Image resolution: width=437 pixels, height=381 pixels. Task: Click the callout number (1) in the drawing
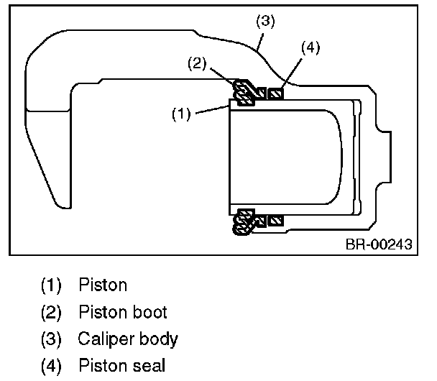pyautogui.click(x=181, y=114)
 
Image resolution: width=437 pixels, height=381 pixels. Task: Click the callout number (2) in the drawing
pyautogui.click(x=197, y=63)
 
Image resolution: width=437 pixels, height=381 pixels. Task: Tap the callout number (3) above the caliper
pyautogui.click(x=265, y=21)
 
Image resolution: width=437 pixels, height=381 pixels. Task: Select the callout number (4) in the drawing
pyautogui.click(x=310, y=47)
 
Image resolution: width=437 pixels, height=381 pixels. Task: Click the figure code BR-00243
pyautogui.click(x=379, y=244)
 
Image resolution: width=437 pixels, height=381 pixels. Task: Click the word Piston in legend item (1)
pyautogui.click(x=103, y=285)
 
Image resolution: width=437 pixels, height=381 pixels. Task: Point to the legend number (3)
pyautogui.click(x=51, y=339)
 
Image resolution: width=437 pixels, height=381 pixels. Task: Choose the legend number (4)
pyautogui.click(x=51, y=366)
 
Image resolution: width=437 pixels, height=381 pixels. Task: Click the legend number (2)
pyautogui.click(x=51, y=312)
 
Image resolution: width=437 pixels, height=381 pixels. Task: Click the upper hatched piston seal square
pyautogui.click(x=275, y=93)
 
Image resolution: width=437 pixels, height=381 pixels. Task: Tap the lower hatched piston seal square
pyautogui.click(x=275, y=221)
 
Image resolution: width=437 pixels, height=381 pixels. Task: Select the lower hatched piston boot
pyautogui.click(x=245, y=222)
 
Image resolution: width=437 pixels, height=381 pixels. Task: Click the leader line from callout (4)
pyautogui.click(x=292, y=73)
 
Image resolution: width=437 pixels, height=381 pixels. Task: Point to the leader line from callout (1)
pyautogui.click(x=212, y=109)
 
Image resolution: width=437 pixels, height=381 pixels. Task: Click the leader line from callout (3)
pyautogui.click(x=260, y=42)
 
